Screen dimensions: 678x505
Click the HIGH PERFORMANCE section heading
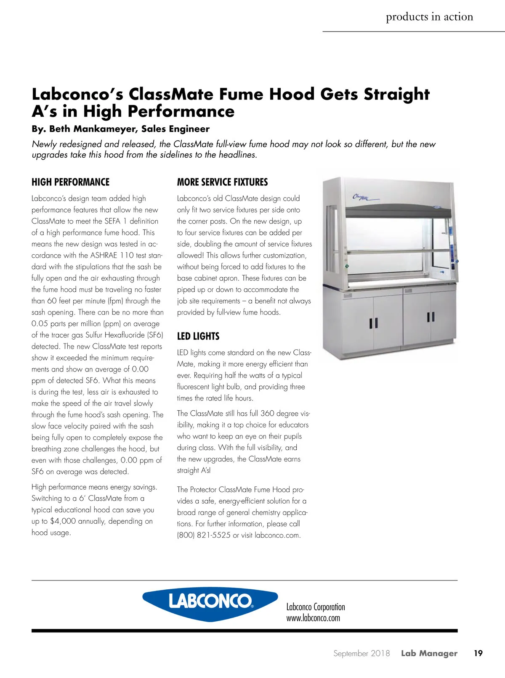click(x=70, y=182)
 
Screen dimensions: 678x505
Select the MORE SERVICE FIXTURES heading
click(x=222, y=182)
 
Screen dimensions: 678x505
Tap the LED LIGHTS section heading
click(x=198, y=336)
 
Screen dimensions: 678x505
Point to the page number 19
click(x=478, y=653)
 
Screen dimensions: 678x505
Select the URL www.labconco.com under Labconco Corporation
click(x=313, y=618)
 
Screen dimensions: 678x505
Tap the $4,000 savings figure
click(x=63, y=521)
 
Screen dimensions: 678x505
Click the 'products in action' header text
click(x=429, y=17)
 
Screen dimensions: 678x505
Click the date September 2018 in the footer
click(x=361, y=653)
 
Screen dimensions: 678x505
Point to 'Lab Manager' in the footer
click(x=429, y=653)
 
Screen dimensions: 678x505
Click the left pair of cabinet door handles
click(x=373, y=323)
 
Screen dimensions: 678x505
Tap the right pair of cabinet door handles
click(x=431, y=317)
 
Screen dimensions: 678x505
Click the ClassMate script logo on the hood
click(x=362, y=197)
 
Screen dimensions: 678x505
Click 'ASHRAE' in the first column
click(x=104, y=255)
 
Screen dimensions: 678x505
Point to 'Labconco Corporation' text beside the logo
click(x=316, y=607)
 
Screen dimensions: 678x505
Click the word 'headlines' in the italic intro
click(x=237, y=155)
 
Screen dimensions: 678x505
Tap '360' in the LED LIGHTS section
click(x=267, y=413)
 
